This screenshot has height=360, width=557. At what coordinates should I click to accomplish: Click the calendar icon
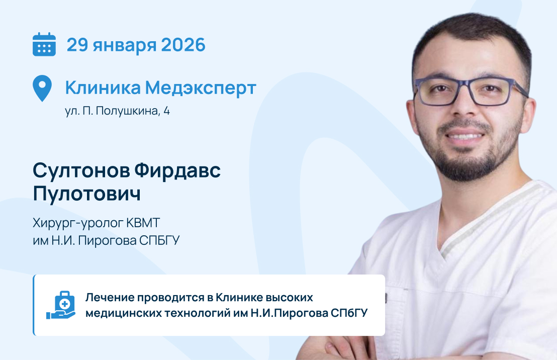[44, 44]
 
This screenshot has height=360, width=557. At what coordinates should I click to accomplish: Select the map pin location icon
[42, 88]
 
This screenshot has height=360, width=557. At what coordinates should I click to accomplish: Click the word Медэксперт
[201, 88]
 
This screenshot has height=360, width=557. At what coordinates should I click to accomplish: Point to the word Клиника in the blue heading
[103, 88]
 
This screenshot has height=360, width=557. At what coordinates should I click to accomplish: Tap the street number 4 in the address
[166, 111]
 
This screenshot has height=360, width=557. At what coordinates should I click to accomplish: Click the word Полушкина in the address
[128, 111]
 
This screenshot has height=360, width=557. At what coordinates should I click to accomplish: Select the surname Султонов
[81, 170]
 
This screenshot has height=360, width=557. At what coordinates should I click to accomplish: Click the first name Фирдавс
[177, 170]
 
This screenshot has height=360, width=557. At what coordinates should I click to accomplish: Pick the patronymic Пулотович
[86, 194]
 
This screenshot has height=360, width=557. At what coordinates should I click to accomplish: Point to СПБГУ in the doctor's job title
[159, 241]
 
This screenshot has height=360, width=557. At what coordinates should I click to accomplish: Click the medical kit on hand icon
[61, 305]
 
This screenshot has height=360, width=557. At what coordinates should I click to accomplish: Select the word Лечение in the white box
[110, 298]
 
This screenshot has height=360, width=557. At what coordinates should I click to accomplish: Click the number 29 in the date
[77, 45]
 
